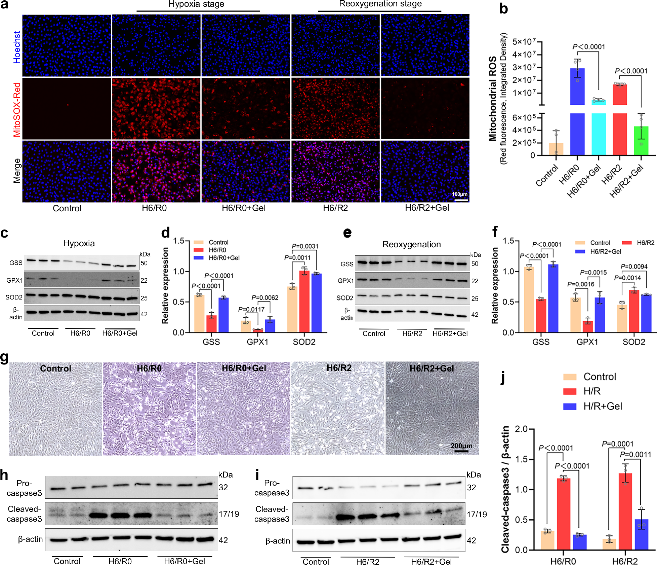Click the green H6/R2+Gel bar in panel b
tap(641, 141)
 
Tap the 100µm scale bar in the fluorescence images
tap(461, 200)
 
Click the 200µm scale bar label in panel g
tap(461, 446)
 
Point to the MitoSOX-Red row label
tap(17, 110)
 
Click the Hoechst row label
tap(17, 47)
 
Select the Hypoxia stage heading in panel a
tap(196, 4)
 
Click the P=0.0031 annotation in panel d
tap(305, 246)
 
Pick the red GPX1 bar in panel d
tap(258, 330)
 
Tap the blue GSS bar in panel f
tap(553, 298)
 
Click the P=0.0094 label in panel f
tap(634, 267)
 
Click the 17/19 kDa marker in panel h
tap(229, 514)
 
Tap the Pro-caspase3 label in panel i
tap(272, 488)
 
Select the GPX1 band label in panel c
tap(15, 280)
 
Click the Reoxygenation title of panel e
tap(411, 245)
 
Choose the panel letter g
tap(4, 357)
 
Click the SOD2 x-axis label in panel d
tap(304, 342)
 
